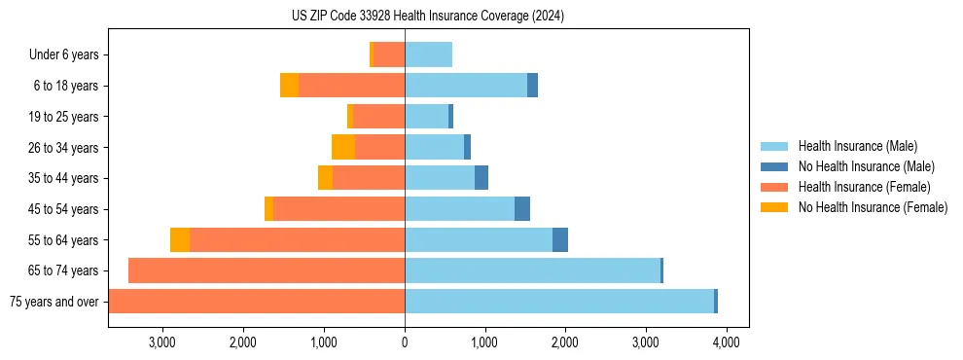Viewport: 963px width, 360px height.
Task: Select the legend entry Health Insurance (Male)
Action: tap(857, 146)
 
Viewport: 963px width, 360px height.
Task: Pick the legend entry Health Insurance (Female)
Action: tap(864, 187)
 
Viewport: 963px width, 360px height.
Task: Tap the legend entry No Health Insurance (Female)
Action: tap(873, 207)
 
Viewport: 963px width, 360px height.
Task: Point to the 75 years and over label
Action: tap(53, 302)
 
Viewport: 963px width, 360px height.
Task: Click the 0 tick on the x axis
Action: tap(405, 342)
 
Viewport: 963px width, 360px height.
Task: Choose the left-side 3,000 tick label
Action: tap(161, 342)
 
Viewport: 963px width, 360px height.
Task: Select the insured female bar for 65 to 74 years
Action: tap(267, 270)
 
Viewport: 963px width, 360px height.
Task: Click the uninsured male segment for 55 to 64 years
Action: tap(560, 240)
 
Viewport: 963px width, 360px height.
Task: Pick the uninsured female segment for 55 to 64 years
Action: tap(180, 240)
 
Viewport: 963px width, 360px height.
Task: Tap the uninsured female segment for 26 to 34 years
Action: tap(343, 147)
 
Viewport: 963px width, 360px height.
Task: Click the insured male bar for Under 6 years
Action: tap(428, 55)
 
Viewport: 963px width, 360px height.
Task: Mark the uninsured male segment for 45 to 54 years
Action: tap(522, 209)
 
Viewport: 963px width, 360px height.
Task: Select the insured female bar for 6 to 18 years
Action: tap(351, 86)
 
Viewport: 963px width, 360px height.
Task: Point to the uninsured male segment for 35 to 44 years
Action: tap(481, 178)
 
